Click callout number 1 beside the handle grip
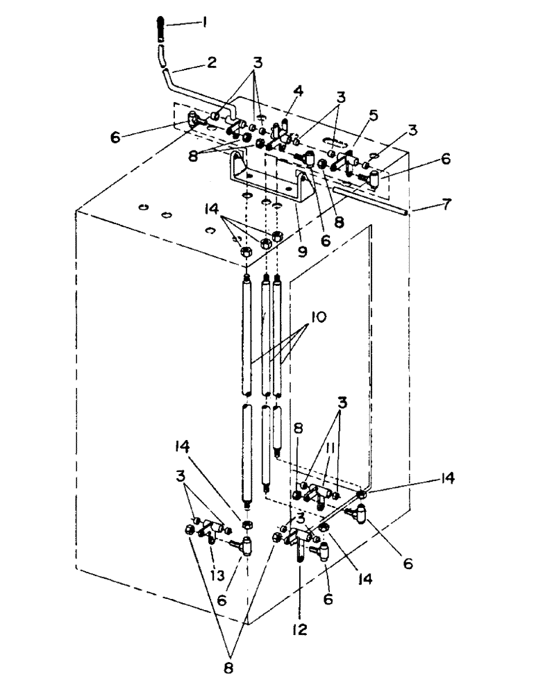pos(205,22)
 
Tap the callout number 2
pos(211,62)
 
